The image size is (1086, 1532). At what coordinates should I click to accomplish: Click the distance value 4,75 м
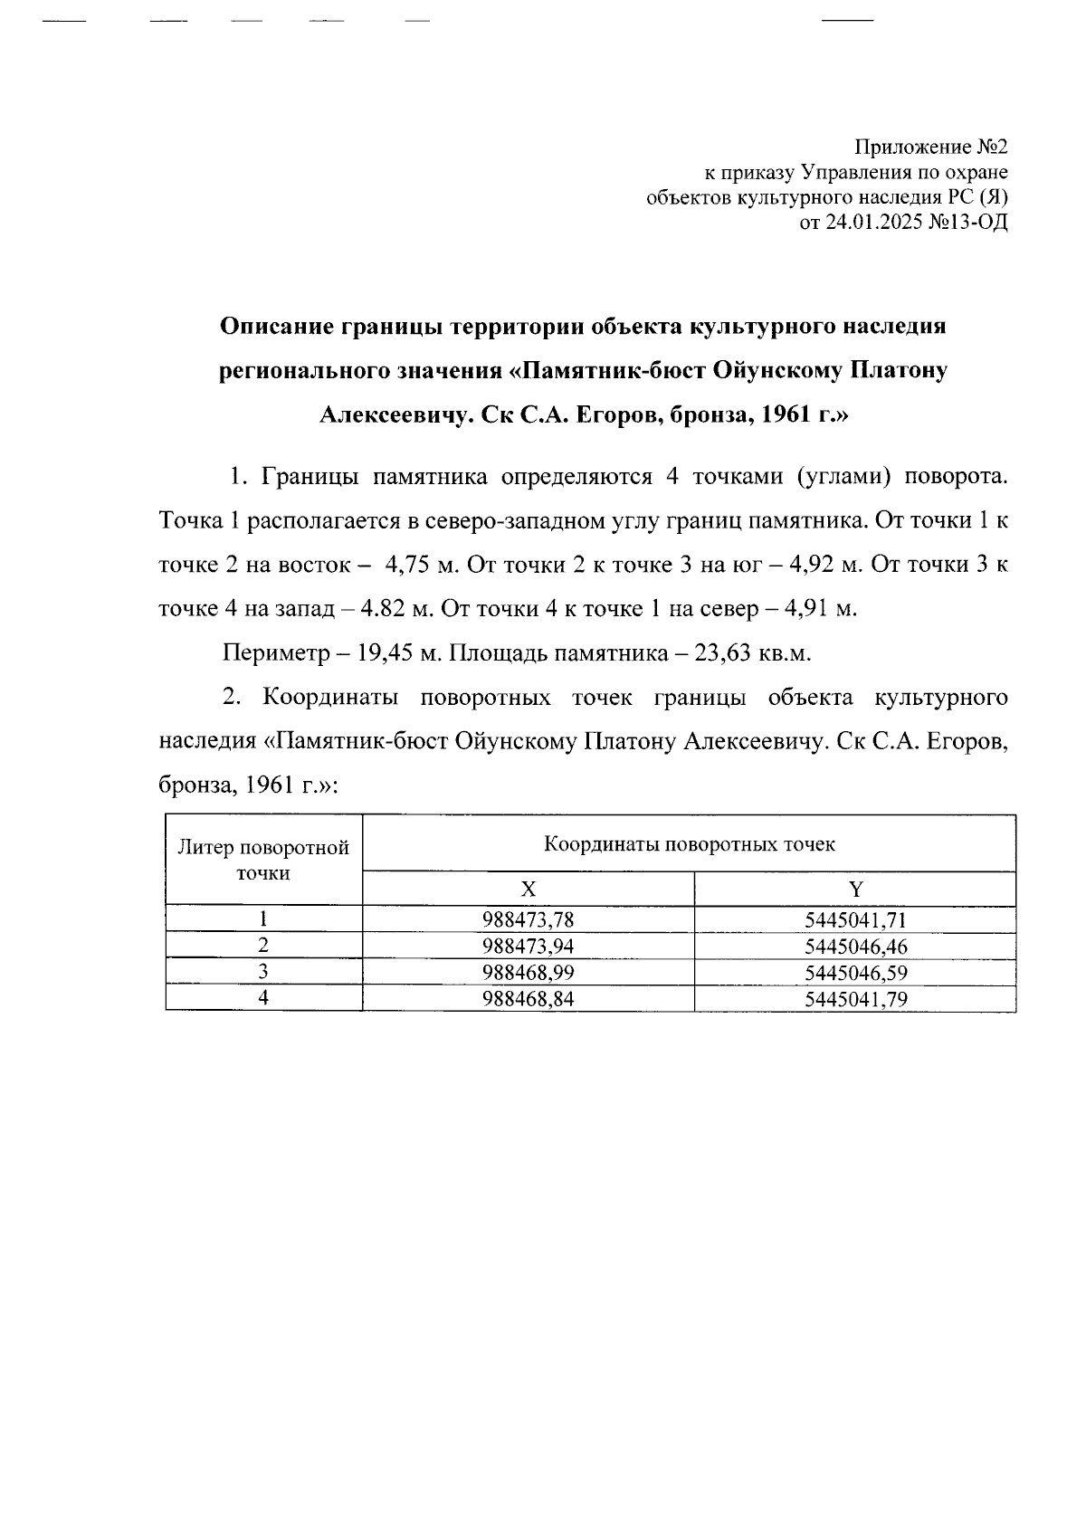coord(422,565)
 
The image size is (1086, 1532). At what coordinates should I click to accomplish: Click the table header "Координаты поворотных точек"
coord(689,845)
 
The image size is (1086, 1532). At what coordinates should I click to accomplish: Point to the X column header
coord(529,889)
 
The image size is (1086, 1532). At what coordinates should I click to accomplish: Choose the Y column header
coord(855,889)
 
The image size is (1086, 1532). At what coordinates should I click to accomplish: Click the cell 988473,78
coord(529,920)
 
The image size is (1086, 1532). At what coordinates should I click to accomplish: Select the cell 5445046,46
coord(855,947)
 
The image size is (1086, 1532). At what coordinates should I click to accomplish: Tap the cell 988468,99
coord(529,973)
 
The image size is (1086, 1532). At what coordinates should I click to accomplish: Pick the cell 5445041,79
coord(855,999)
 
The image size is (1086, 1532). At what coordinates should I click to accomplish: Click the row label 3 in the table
coord(263,973)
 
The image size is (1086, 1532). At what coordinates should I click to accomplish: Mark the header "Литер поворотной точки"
coord(263,861)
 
